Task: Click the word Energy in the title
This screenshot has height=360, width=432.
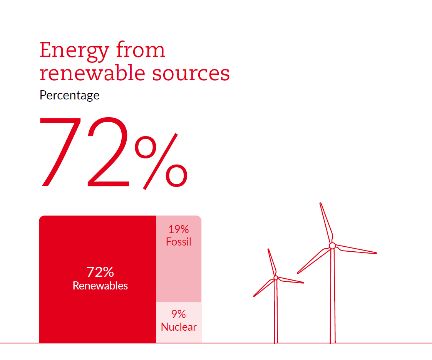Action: click(x=74, y=51)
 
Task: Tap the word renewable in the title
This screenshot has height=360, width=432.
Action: click(x=92, y=73)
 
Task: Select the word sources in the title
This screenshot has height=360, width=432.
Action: click(x=191, y=74)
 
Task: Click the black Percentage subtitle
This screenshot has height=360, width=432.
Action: click(x=69, y=95)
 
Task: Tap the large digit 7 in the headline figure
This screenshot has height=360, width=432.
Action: click(x=60, y=152)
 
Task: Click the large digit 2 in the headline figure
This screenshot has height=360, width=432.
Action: click(x=108, y=151)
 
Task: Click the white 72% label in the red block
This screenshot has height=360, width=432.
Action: click(x=100, y=272)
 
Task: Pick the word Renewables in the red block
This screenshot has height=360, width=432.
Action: click(x=100, y=286)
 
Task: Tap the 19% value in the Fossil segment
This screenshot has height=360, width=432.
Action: click(x=179, y=229)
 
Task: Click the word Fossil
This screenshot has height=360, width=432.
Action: click(x=179, y=242)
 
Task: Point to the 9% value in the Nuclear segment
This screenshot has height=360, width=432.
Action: click(x=179, y=314)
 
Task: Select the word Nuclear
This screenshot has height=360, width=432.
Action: click(x=179, y=327)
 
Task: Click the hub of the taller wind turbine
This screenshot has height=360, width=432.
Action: click(x=333, y=246)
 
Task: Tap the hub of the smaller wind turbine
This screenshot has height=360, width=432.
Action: click(x=276, y=278)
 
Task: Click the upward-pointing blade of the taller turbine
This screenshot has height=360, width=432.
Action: click(x=327, y=224)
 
